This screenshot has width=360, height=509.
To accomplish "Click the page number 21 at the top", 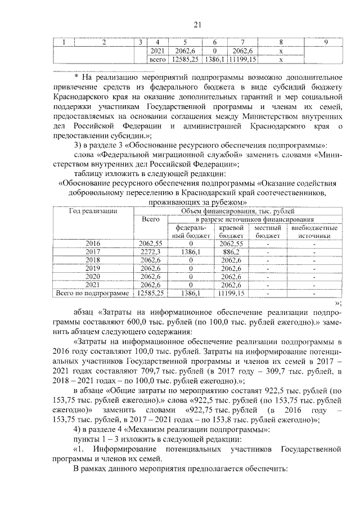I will pos(197,24).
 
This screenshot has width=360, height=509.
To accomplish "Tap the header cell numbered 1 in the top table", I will pos(64,43).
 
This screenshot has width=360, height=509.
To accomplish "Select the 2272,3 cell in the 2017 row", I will pos(150,252).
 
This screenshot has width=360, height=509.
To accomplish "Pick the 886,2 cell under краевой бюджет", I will pos(231,252).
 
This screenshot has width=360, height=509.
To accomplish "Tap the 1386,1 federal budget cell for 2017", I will pos(191,252).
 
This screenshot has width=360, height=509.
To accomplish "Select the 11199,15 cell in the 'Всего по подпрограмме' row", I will pos(231,293).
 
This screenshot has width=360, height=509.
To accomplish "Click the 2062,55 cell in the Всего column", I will pos(150,244).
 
